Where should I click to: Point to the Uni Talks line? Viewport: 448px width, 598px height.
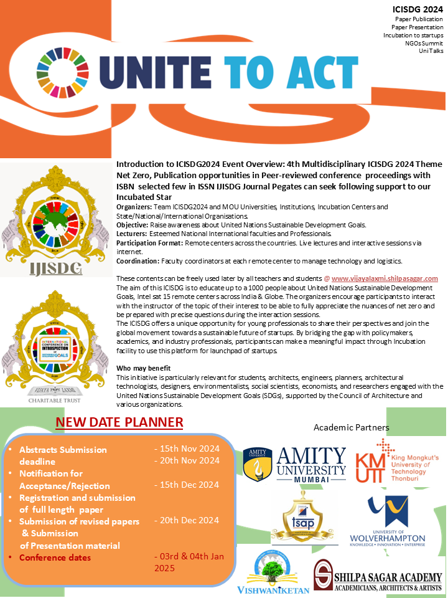point(431,51)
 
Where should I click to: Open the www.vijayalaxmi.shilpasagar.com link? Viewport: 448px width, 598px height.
point(385,278)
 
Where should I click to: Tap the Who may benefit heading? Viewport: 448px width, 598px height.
point(143,369)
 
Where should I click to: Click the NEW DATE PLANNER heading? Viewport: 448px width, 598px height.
point(119,422)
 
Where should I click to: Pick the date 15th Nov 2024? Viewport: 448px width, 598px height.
point(187,448)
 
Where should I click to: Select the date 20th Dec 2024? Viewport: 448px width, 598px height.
point(187,520)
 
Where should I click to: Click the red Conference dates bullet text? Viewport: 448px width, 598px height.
point(55,557)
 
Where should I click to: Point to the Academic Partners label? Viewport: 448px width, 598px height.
point(352,427)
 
